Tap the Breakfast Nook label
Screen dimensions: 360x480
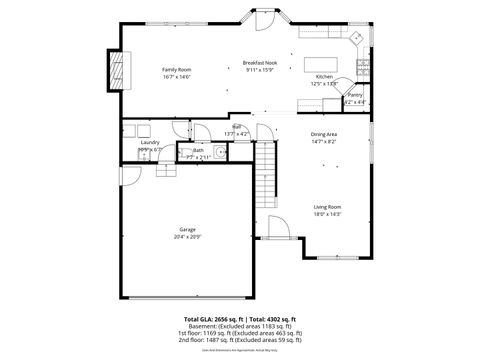pos(260,63)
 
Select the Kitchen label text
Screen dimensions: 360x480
pos(324,77)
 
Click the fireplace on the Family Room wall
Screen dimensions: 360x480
pos(115,70)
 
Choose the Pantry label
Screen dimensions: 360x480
pos(355,95)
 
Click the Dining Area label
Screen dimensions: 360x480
pos(323,134)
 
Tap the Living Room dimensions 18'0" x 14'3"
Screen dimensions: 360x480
pos(327,214)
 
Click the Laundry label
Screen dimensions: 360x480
pos(150,142)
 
